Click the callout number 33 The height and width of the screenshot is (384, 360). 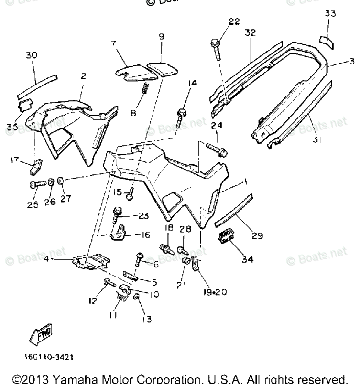click(x=330, y=14)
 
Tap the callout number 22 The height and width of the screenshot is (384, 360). click(x=234, y=21)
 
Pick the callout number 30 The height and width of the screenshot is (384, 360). click(x=31, y=55)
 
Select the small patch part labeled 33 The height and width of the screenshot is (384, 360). click(x=327, y=40)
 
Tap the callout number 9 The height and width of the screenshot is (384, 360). click(x=161, y=36)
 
